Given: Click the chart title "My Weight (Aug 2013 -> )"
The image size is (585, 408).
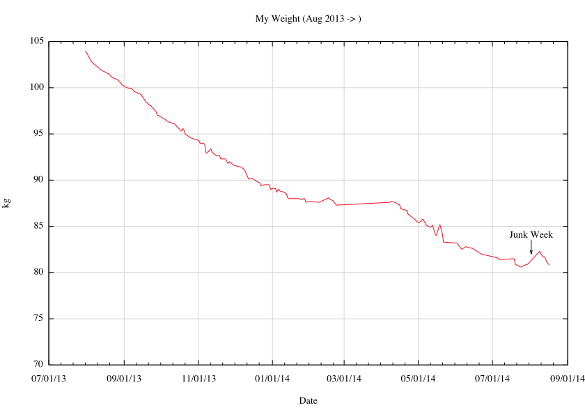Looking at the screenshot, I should pos(308,18).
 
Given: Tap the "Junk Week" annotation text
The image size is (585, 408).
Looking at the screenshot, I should pos(531,235).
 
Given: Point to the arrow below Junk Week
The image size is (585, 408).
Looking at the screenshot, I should pos(531,248).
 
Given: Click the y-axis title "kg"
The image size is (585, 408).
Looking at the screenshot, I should pos(6,203).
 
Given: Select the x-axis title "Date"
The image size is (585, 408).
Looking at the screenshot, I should pos(308,400).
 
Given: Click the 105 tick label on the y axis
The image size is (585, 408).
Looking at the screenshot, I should pos(37,42).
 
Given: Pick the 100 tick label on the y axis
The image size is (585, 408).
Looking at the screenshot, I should pos(37,88).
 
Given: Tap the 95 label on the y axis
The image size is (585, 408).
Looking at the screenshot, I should pos(39,134).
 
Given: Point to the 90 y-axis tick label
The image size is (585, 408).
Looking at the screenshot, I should pos(39,180).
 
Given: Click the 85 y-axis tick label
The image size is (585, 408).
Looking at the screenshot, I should pos(39,226).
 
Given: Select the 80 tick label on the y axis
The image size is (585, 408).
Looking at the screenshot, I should pos(39,272).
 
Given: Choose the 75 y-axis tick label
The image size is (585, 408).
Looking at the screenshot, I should pos(39,319).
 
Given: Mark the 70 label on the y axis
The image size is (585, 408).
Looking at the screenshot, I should pos(39,365).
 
